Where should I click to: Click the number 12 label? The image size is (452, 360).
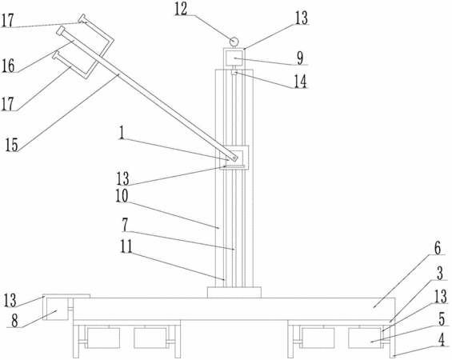(x=181, y=10)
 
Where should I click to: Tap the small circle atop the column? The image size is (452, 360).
(x=234, y=42)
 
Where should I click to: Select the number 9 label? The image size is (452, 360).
(x=300, y=58)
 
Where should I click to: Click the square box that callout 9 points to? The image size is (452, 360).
(x=234, y=58)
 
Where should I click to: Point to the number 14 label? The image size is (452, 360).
(x=300, y=81)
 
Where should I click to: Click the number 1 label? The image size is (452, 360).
(x=122, y=133)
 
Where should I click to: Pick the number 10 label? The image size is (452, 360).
(x=122, y=196)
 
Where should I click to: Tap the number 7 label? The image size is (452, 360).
(x=125, y=225)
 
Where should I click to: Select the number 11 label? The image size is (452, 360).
(x=126, y=246)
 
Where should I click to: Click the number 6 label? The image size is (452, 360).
(x=438, y=249)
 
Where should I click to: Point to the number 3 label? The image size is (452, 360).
(x=440, y=273)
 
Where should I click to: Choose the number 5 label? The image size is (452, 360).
(x=442, y=319)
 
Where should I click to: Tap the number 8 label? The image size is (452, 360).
(x=15, y=321)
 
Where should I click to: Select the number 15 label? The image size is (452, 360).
(x=11, y=145)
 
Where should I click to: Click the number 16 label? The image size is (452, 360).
(x=8, y=66)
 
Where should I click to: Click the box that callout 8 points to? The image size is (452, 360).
(x=56, y=310)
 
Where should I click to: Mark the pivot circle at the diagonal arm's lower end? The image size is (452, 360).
(x=235, y=158)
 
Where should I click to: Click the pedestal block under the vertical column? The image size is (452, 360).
(x=234, y=292)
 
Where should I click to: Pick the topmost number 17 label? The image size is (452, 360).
(x=8, y=21)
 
